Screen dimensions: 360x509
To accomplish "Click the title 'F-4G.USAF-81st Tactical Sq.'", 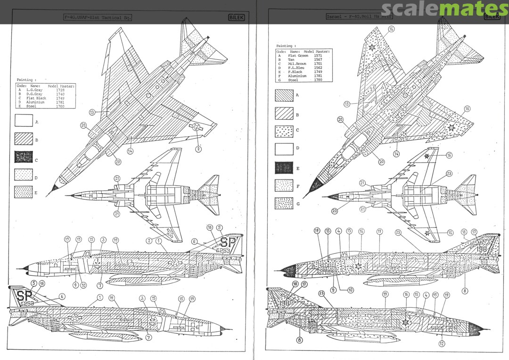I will point(98,17).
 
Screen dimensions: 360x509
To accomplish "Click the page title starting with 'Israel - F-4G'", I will point(359,17).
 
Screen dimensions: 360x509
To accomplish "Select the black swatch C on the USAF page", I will point(24,157).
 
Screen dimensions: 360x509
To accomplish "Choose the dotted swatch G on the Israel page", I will point(284,203).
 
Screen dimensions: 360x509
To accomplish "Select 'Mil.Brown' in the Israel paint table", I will point(297,64).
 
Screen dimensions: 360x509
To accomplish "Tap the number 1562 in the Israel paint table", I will point(318,68).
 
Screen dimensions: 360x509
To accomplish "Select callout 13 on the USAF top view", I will point(92,112).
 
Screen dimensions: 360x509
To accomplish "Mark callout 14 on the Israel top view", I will point(396,153).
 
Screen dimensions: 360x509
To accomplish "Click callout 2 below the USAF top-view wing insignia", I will point(198,149).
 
